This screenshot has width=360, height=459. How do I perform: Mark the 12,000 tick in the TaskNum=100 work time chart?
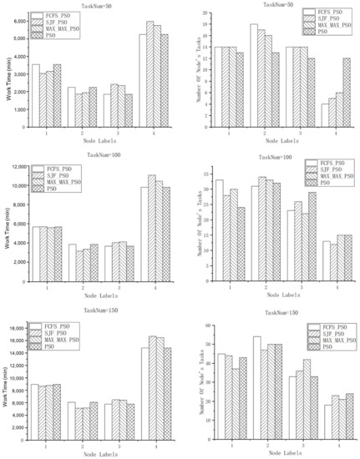pyautogui.click(x=18, y=169)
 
